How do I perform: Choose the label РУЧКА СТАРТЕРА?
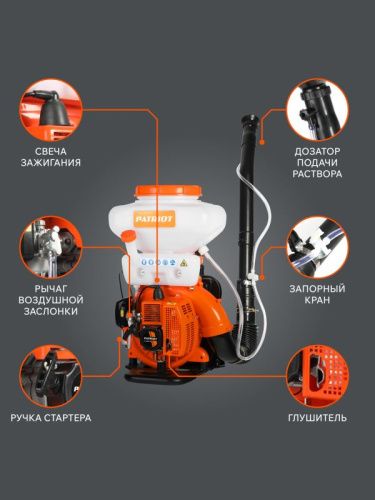click(x=50, y=416)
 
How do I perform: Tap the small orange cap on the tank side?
click(x=128, y=236)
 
